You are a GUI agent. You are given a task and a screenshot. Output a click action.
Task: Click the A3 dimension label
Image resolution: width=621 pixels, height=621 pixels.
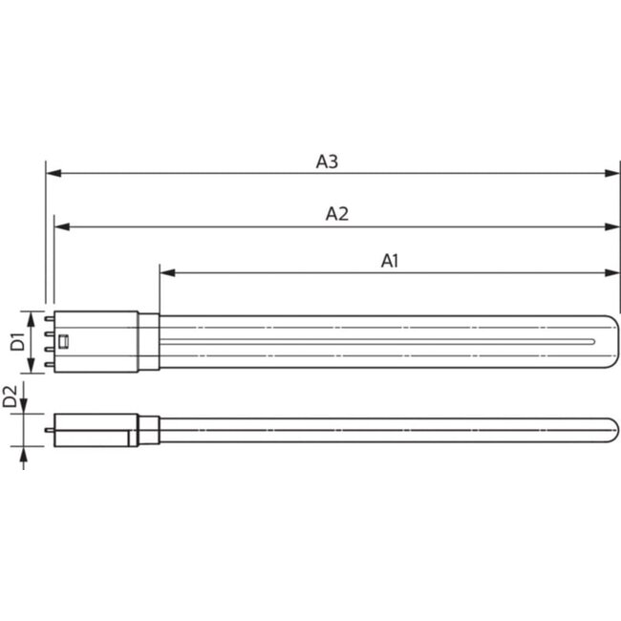point(327,161)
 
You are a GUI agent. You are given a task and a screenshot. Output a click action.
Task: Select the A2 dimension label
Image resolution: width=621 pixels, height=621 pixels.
point(336,214)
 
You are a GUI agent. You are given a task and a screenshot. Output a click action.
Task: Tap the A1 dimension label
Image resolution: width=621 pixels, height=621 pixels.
point(390,260)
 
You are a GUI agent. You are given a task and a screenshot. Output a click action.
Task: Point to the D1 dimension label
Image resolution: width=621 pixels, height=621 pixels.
point(16,342)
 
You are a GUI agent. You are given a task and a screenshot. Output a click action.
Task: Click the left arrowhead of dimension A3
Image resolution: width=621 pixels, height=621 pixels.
point(52,174)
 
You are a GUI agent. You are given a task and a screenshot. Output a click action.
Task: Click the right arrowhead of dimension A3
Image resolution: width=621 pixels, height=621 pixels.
point(614,174)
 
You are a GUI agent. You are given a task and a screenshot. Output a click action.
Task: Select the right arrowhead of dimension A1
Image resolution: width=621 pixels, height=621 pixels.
point(614,272)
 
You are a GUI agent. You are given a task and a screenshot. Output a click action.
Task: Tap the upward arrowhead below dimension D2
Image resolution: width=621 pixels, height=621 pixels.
point(24,454)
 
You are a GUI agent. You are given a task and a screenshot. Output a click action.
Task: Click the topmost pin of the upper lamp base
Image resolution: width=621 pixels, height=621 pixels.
point(48,320)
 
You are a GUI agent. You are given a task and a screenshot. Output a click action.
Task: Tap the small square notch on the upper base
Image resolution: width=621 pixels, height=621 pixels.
point(65,342)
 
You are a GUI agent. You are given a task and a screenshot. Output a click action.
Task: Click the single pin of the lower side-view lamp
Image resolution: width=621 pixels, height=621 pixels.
point(48,429)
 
